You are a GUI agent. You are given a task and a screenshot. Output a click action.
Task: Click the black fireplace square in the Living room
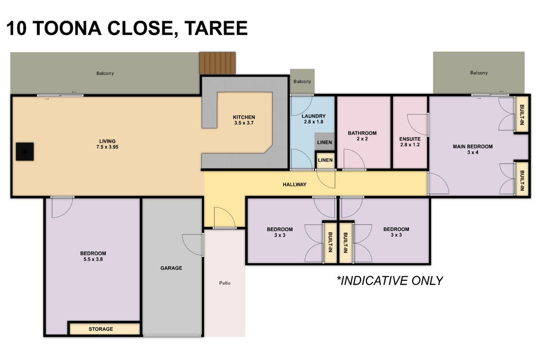click(25, 151)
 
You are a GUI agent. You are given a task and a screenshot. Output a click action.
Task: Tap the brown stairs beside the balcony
click(218, 63)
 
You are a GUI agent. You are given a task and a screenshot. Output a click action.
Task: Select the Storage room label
click(100, 329)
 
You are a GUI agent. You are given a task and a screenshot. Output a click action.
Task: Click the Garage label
click(171, 268)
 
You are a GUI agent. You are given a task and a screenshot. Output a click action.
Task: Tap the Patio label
click(225, 283)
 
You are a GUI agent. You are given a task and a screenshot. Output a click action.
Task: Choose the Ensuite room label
click(410, 139)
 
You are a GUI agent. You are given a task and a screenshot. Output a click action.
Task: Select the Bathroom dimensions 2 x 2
click(362, 139)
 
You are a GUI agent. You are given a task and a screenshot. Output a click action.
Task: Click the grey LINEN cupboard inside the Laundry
click(324, 142)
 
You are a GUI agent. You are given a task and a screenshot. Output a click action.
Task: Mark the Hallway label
click(295, 184)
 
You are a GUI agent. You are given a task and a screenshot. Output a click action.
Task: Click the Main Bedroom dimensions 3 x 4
click(472, 153)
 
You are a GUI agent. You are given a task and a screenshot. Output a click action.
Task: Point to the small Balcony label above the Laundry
click(302, 81)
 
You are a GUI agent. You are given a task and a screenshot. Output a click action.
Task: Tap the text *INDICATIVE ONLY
click(390, 281)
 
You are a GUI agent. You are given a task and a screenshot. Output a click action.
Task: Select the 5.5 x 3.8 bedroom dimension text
click(93, 259)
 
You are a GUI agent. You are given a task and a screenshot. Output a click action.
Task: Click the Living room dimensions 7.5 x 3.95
click(108, 147)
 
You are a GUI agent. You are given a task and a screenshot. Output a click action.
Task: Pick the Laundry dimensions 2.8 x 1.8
click(313, 122)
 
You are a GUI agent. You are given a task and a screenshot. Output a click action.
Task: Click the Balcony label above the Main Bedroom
click(479, 73)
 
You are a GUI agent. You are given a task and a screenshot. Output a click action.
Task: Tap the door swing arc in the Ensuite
click(418, 125)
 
